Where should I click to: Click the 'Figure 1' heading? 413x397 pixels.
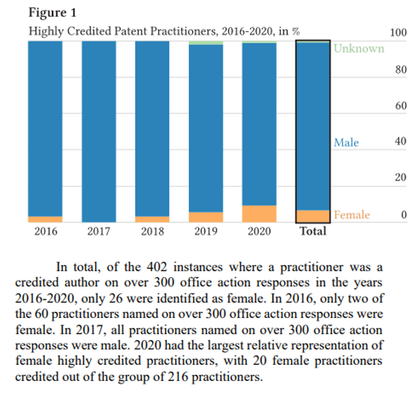[x=48, y=13]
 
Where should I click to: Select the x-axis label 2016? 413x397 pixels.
[x=46, y=231]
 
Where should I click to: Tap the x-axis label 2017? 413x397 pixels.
[x=99, y=231]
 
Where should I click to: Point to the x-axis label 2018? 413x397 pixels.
[x=152, y=231]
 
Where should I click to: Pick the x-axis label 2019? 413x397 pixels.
[x=206, y=231]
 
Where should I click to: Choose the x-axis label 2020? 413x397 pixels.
[x=259, y=231]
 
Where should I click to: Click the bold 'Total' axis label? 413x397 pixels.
[x=312, y=231]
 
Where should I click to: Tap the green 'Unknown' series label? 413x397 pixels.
[x=359, y=48]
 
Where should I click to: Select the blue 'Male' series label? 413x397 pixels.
[x=346, y=143]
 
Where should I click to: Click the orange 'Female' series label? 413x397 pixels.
[x=351, y=215]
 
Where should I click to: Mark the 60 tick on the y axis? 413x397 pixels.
[x=401, y=106]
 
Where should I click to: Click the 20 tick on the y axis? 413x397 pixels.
[x=401, y=179]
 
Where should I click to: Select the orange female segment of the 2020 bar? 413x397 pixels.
[x=259, y=214]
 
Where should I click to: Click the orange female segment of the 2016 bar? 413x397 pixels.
[x=46, y=219]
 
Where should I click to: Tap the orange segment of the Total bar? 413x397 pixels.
[x=312, y=216]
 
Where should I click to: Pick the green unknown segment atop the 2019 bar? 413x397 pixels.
[x=206, y=42]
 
